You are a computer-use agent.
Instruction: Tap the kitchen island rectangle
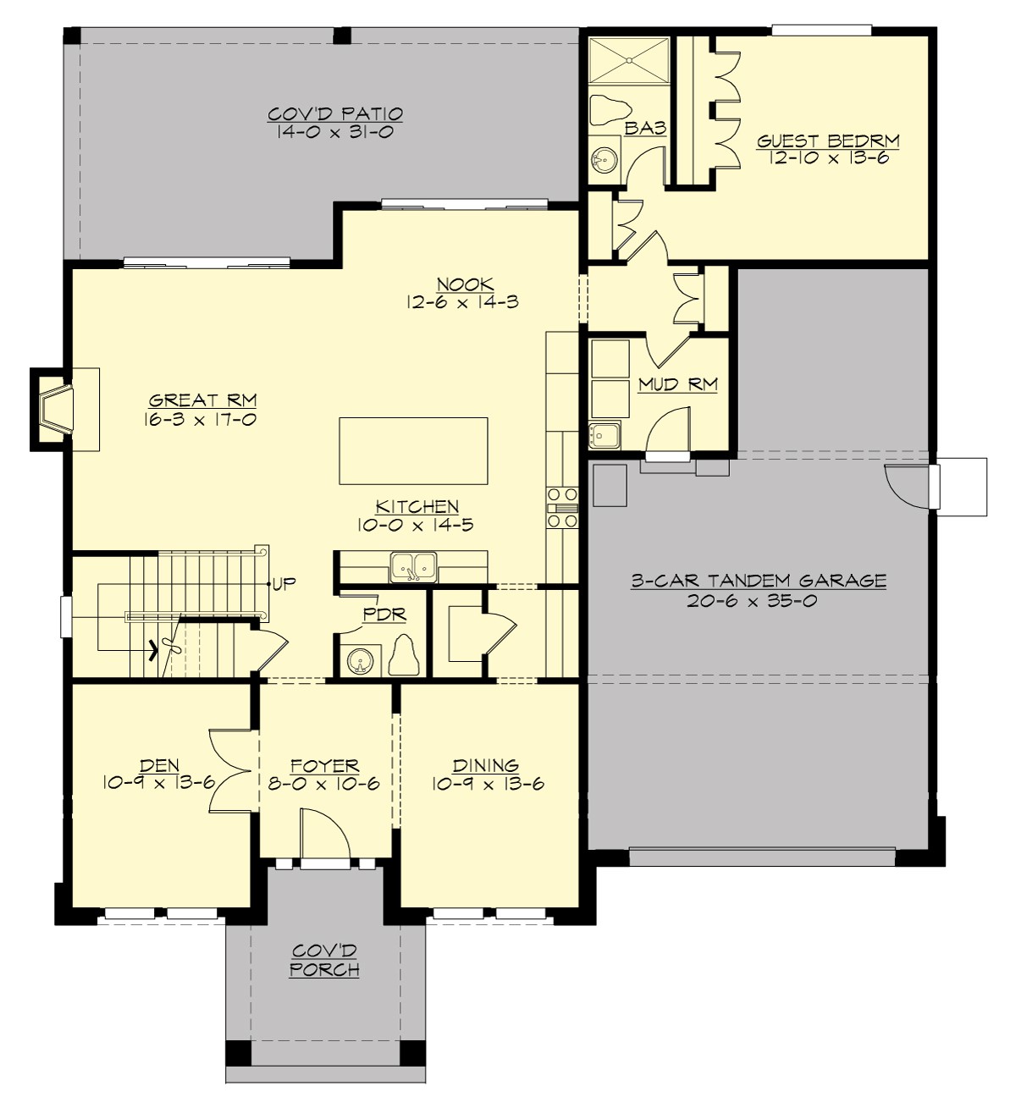[413, 450]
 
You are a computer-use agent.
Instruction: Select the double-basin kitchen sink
[413, 567]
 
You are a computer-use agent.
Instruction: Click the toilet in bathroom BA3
[608, 108]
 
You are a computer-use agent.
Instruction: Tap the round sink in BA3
[605, 158]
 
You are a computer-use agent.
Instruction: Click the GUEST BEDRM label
[827, 141]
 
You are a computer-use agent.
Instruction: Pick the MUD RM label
[677, 384]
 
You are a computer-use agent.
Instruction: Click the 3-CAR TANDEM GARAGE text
[759, 581]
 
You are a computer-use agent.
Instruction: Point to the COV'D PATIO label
[334, 113]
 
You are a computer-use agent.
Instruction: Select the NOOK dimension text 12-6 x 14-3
[462, 302]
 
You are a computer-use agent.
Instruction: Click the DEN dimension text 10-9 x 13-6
[158, 784]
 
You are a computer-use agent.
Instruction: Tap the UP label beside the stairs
[284, 584]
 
